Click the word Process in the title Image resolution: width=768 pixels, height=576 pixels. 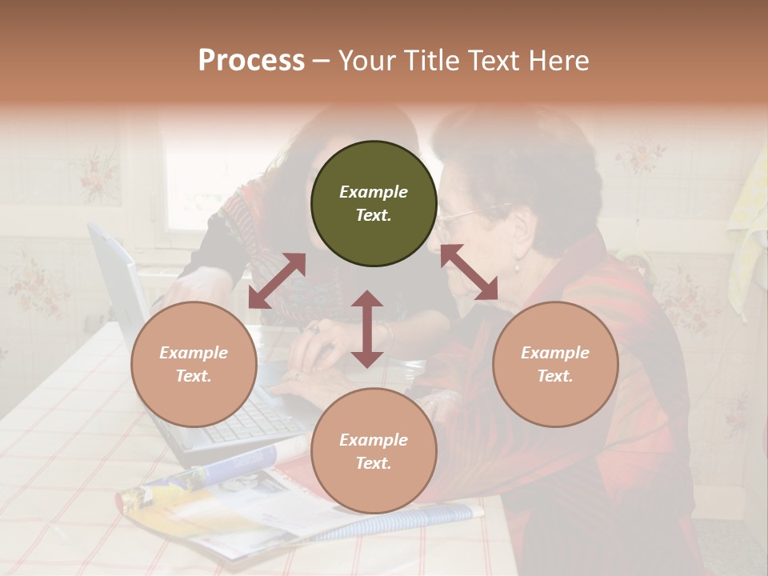(251, 61)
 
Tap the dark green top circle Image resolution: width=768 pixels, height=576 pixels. (374, 203)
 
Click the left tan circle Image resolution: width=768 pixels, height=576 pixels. (194, 364)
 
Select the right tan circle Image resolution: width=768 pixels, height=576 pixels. (555, 364)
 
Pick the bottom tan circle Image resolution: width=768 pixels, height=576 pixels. (374, 451)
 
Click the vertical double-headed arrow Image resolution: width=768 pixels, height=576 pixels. (367, 329)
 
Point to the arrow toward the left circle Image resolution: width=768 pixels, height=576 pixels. (277, 281)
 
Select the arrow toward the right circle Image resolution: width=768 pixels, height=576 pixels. (470, 273)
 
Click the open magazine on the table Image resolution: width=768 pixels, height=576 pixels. (240, 504)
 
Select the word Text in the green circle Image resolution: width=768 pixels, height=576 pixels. (373, 215)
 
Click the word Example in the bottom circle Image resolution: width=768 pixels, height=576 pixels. (374, 439)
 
